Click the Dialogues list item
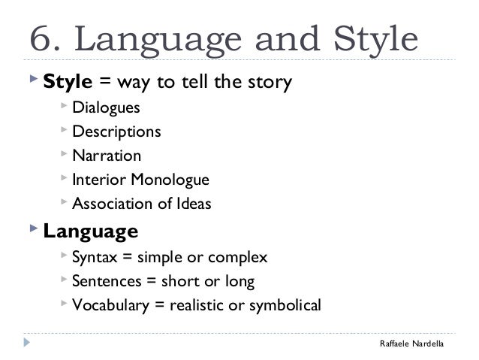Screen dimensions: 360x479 (105, 108)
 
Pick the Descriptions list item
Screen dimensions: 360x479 (116, 132)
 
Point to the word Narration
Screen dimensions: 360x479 (106, 156)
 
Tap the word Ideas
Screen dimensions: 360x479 (194, 204)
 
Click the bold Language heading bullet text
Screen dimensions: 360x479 (90, 231)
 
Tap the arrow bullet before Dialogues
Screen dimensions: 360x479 (63, 107)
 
